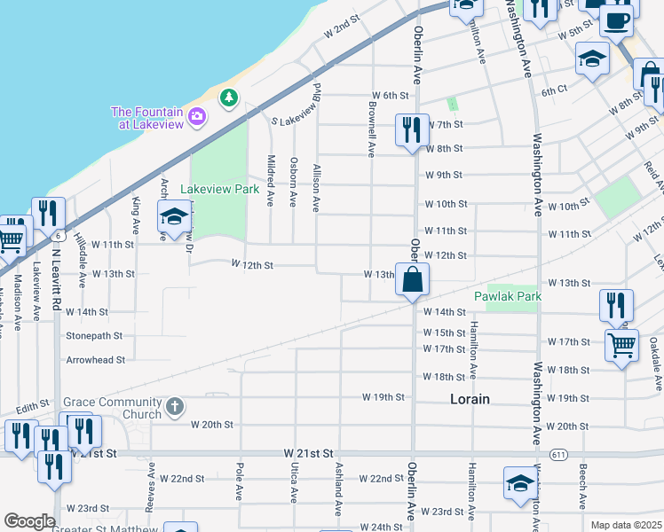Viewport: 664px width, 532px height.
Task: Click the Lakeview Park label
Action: pos(218,189)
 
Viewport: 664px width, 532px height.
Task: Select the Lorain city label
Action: pos(469,399)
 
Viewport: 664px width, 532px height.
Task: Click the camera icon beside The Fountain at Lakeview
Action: pos(197,115)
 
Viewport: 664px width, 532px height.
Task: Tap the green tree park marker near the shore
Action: pos(229,96)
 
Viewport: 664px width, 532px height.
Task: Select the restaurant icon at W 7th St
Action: pos(413,130)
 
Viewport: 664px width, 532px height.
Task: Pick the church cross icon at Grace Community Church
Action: pos(175,408)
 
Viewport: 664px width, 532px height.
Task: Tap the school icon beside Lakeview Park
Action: pos(175,215)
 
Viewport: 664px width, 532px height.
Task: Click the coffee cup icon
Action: pos(617,20)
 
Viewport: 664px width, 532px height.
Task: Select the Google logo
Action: pos(29,521)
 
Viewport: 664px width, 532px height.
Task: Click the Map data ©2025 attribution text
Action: pos(625,525)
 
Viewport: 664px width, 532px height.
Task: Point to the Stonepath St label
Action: pos(94,336)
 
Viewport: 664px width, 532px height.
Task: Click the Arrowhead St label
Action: pos(96,360)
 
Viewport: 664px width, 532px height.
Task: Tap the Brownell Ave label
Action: pos(372,129)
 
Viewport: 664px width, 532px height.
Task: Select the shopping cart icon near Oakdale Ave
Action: pos(621,345)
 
